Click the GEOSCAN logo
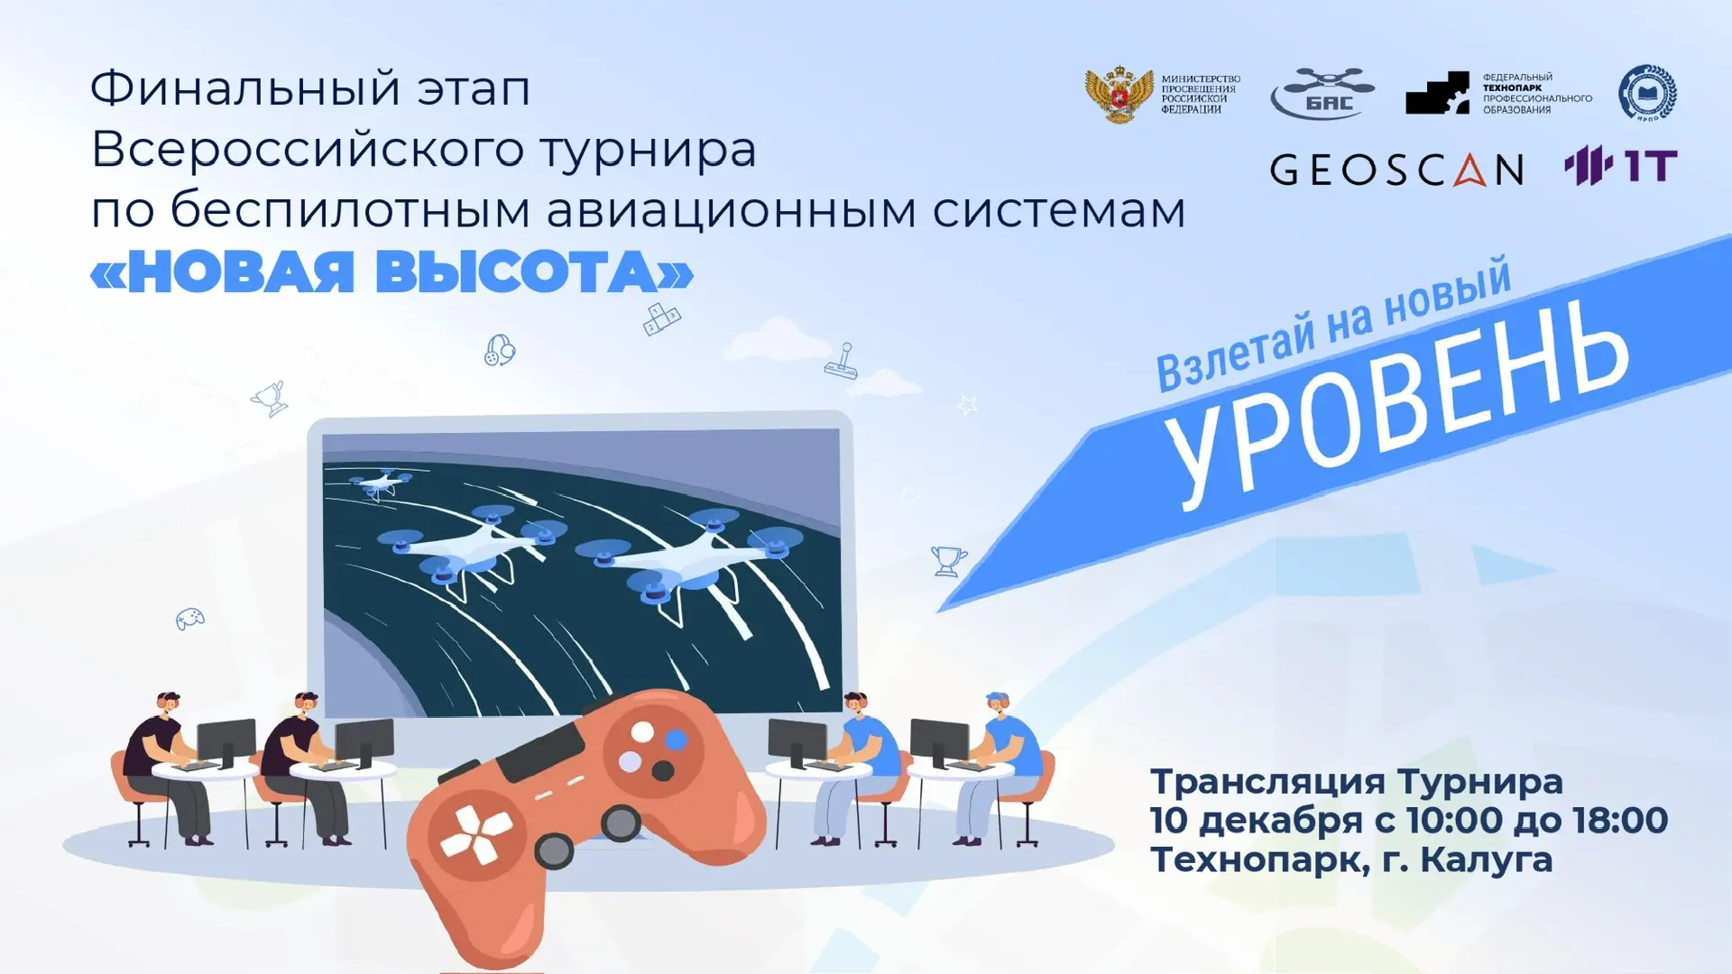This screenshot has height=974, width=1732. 1396,170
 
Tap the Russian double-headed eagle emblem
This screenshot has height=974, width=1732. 1119,94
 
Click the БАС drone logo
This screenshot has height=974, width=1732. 1322,93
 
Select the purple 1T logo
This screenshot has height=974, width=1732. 1620,166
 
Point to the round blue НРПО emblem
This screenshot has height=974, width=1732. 1647,93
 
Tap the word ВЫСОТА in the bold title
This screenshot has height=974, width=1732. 534,271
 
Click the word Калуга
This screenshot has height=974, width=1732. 1487,859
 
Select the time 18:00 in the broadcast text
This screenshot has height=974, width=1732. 1620,820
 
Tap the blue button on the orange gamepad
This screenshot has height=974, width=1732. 676,740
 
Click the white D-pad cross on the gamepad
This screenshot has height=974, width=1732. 476,833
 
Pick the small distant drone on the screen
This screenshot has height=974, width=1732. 377,485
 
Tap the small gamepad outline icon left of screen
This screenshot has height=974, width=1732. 189,619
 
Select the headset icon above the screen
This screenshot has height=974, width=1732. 500,350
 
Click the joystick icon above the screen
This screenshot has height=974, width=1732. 842,362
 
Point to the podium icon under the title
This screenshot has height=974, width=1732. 662,317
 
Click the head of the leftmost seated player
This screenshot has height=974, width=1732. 168,703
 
